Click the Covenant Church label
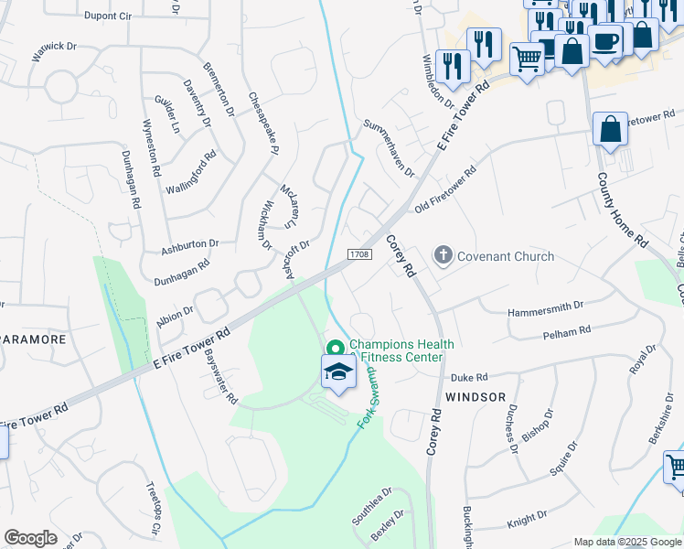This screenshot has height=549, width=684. pyautogui.click(x=506, y=256)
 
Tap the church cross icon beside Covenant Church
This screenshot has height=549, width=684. pyautogui.click(x=444, y=255)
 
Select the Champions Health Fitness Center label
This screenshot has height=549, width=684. pyautogui.click(x=401, y=350)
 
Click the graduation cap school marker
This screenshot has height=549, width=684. pyautogui.click(x=337, y=372)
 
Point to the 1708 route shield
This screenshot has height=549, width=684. pyautogui.click(x=359, y=253)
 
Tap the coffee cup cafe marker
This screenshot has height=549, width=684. pyautogui.click(x=604, y=40)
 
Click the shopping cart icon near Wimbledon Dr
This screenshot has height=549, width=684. pyautogui.click(x=528, y=59)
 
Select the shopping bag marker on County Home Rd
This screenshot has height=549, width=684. pyautogui.click(x=610, y=130)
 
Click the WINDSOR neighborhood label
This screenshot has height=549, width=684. pyautogui.click(x=476, y=397)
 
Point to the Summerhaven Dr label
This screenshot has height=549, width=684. pyautogui.click(x=389, y=147)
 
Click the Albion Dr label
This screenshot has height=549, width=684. pyautogui.click(x=175, y=310)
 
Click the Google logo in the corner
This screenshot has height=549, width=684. pyautogui.click(x=30, y=538)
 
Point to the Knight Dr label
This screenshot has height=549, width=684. pyautogui.click(x=526, y=522)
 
